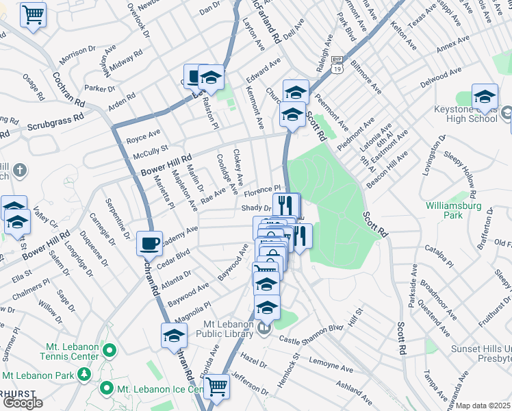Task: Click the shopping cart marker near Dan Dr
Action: click(x=33, y=14)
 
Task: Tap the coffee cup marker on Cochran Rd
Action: click(x=149, y=243)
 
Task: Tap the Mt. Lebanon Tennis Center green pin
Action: click(x=108, y=351)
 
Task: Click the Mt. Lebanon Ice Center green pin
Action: click(x=106, y=388)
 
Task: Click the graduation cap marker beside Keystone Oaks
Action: click(x=485, y=97)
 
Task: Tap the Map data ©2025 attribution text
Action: click(x=484, y=406)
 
